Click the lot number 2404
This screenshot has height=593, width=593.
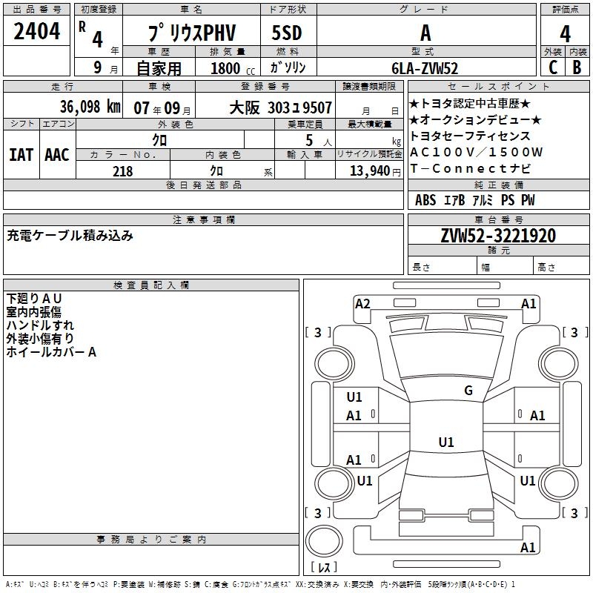pos(38,31)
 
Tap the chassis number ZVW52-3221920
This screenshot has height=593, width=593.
pos(497,236)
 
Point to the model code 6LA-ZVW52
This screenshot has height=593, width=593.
pos(425,68)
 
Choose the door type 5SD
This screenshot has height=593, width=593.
pos(288,33)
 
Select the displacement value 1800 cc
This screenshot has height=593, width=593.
pos(229,68)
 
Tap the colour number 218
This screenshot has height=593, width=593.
pos(122,171)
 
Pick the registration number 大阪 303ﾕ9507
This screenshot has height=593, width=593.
pos(280,107)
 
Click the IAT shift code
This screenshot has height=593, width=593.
pos(21,154)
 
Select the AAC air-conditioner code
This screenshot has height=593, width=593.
pos(57,154)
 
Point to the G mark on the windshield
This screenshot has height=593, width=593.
pos(468,391)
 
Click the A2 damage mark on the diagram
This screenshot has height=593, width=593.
pos(362,303)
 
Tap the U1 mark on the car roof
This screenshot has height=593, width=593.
pos(445,443)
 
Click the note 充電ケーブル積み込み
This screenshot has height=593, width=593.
pos(70,236)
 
